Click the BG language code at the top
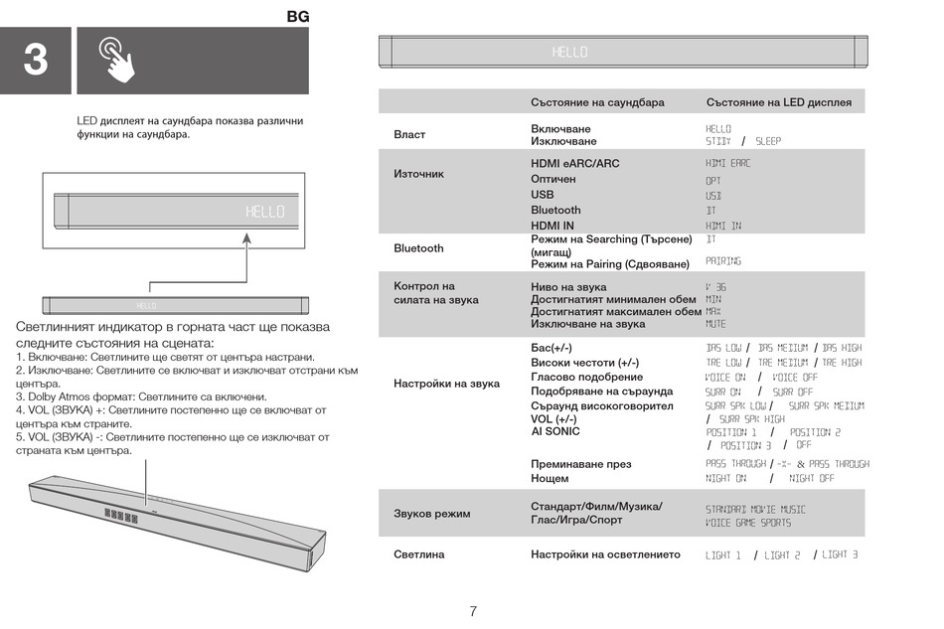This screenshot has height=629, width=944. pos(298,17)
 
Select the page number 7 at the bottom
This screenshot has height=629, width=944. pos(474,611)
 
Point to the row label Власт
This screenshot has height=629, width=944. pos(409,135)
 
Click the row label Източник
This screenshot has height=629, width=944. pos(419,174)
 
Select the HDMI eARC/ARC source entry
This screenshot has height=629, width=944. pos(574,163)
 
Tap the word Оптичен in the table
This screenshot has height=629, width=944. pos(552,179)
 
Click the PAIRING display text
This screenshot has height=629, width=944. pos(723,261)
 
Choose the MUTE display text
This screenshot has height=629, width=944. pos(715,324)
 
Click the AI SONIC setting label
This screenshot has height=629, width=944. pos(555,431)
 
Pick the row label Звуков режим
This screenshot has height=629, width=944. pos(432,514)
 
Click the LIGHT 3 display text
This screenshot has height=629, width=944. pos(840,554)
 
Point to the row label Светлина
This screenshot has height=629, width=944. pos(419,554)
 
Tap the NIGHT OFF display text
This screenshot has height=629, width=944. pos(812,478)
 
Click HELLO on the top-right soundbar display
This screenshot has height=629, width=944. pos(570,52)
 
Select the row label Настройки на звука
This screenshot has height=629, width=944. pos(446,384)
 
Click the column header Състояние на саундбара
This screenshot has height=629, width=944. pos(597,102)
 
